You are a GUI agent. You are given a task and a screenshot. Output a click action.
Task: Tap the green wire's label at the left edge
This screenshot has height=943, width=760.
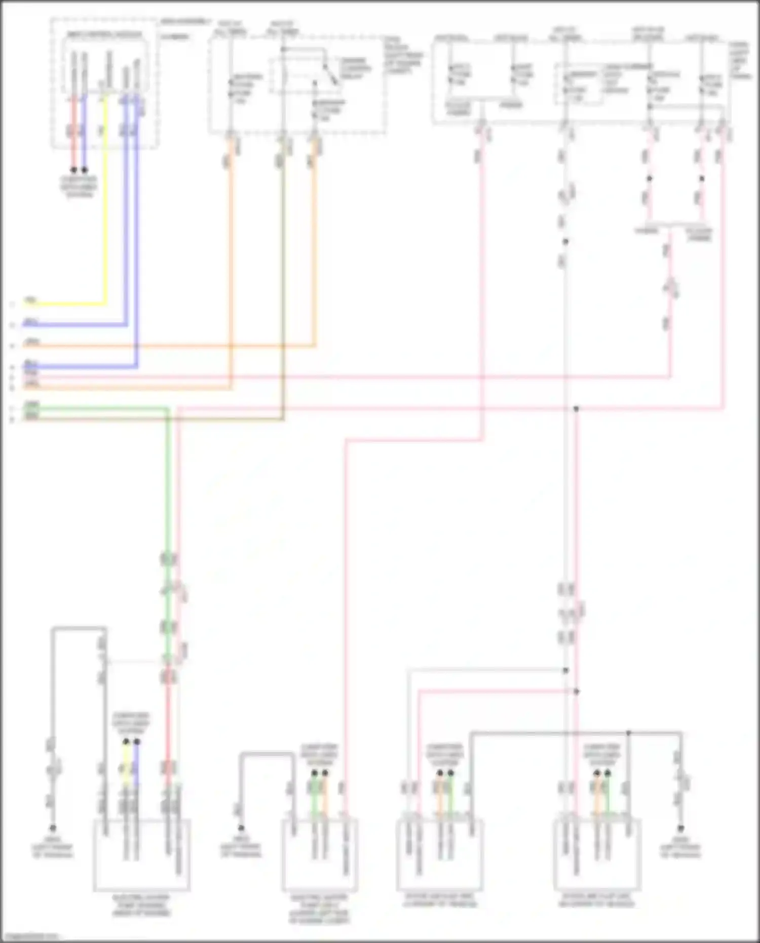click(31, 405)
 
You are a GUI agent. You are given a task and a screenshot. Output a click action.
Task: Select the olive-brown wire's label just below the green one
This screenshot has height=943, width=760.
click(31, 416)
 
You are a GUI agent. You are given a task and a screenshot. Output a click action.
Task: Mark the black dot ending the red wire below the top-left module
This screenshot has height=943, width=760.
click(74, 170)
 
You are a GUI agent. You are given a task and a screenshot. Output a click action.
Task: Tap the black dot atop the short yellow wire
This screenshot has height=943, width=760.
click(126, 741)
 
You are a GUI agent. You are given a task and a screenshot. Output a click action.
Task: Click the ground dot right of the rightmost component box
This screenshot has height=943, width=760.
click(681, 828)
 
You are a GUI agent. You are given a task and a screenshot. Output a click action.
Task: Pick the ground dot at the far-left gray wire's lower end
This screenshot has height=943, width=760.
click(53, 828)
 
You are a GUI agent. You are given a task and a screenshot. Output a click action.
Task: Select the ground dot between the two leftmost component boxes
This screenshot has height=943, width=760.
click(242, 828)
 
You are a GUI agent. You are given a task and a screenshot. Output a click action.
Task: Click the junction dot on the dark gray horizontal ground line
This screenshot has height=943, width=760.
click(628, 733)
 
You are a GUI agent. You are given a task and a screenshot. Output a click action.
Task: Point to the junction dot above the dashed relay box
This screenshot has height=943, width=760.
click(284, 49)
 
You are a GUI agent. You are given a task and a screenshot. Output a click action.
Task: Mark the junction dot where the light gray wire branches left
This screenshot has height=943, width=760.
click(565, 670)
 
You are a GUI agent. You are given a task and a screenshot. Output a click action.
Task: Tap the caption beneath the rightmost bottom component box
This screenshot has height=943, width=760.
click(597, 900)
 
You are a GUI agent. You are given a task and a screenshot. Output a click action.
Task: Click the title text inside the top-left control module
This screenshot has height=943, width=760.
click(105, 34)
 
